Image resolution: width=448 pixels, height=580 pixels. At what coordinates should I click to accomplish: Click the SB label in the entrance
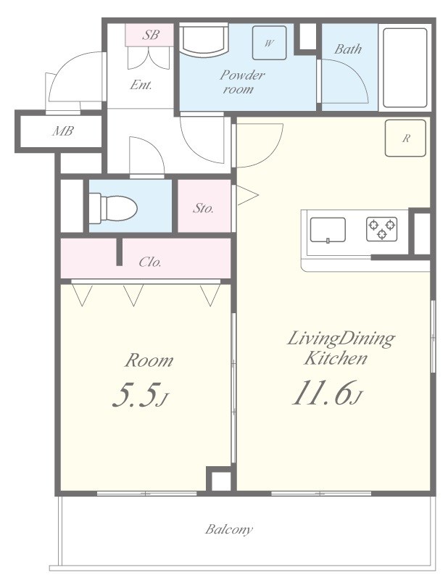tap(151, 35)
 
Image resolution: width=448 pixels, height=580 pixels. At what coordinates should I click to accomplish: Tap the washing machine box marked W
tap(269, 43)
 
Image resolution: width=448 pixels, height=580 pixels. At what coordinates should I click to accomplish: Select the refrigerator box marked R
tap(405, 138)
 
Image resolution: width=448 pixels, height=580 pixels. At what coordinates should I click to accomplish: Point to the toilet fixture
tap(113, 208)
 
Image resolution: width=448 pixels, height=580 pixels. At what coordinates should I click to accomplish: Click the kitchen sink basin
tap(328, 231)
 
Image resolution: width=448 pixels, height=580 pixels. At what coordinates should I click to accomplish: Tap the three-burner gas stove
tap(382, 229)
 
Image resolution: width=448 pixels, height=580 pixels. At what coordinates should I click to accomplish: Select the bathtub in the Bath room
tap(405, 67)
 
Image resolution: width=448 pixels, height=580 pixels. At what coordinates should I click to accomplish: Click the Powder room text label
tap(242, 82)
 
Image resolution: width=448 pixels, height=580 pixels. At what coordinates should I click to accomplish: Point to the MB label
tap(63, 131)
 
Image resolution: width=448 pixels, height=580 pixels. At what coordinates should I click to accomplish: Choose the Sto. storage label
tap(203, 208)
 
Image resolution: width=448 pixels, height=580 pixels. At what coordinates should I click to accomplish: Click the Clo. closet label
tap(150, 262)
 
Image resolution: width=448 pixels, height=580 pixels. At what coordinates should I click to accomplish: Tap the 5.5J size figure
tap(140, 395)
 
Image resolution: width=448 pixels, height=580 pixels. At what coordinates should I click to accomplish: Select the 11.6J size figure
tap(328, 393)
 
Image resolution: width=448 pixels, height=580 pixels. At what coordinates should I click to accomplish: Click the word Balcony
tap(229, 529)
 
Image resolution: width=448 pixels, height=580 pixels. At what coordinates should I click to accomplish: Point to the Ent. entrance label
tap(141, 85)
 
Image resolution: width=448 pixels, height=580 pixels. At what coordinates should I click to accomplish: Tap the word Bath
tap(348, 49)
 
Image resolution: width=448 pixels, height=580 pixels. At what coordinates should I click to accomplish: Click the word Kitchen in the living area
tap(336, 358)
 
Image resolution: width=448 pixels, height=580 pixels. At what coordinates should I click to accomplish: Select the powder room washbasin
tap(204, 40)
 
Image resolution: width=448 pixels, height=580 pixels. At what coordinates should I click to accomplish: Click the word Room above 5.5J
tap(149, 360)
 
